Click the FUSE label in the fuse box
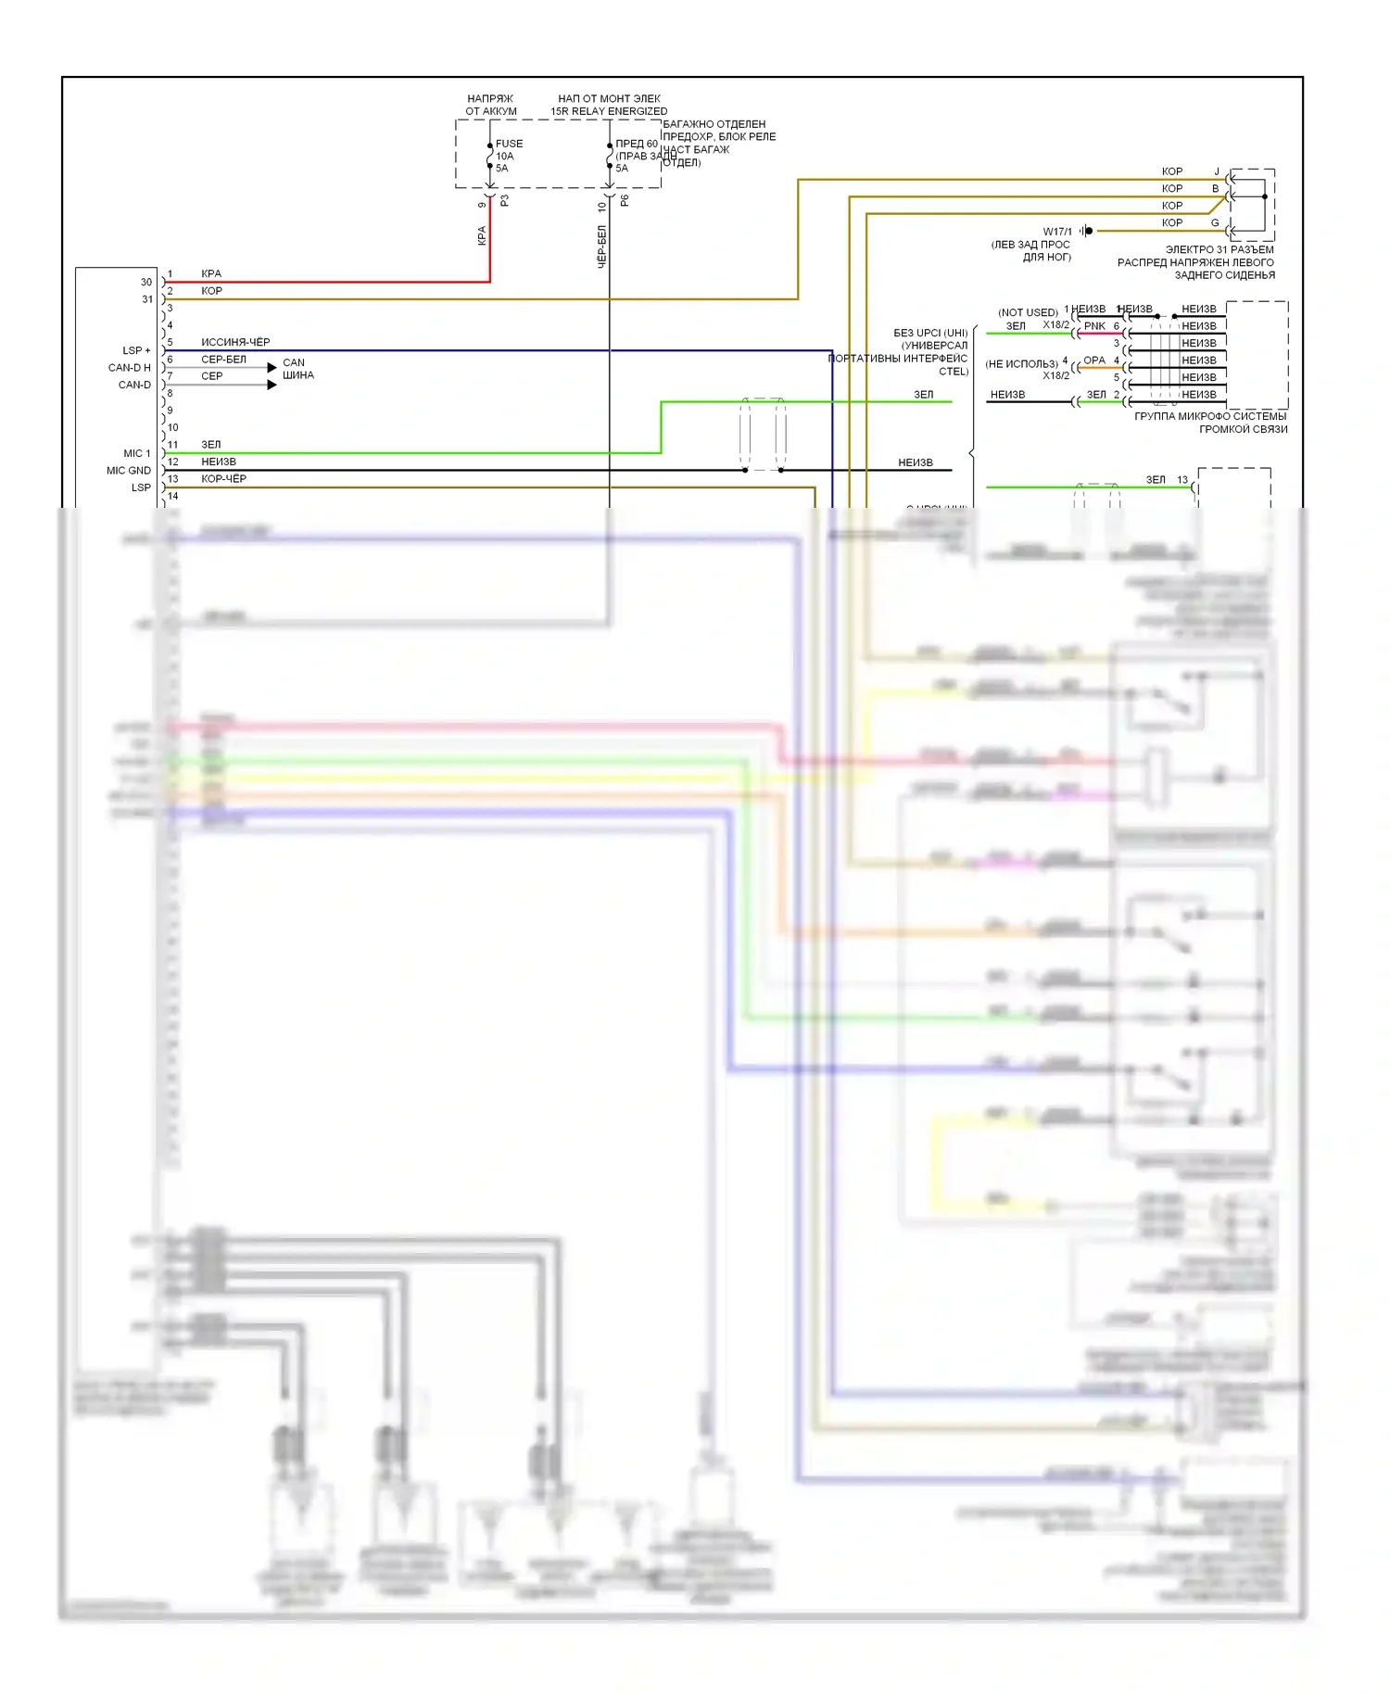pyautogui.click(x=509, y=144)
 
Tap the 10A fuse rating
pyautogui.click(x=504, y=156)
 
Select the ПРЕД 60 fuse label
pyautogui.click(x=637, y=144)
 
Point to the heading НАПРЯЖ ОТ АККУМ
pyautogui.click(x=490, y=105)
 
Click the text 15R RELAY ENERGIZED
pyautogui.click(x=609, y=111)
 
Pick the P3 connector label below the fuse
pyautogui.click(x=505, y=200)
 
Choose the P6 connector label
pyautogui.click(x=625, y=200)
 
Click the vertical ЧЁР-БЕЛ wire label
pyautogui.click(x=601, y=246)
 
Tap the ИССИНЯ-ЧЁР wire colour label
pyautogui.click(x=235, y=342)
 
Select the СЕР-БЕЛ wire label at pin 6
pyautogui.click(x=223, y=359)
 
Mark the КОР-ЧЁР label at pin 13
pyautogui.click(x=223, y=479)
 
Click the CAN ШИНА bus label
pyautogui.click(x=297, y=369)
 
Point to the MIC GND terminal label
pyautogui.click(x=128, y=471)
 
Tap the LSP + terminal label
pyautogui.click(x=135, y=350)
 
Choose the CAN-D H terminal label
pyautogui.click(x=129, y=368)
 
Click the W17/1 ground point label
pyautogui.click(x=1056, y=232)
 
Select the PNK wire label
pyautogui.click(x=1094, y=326)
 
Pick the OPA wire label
pyautogui.click(x=1094, y=360)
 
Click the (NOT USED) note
pyautogui.click(x=1028, y=312)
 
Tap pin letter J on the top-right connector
pyautogui.click(x=1217, y=171)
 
